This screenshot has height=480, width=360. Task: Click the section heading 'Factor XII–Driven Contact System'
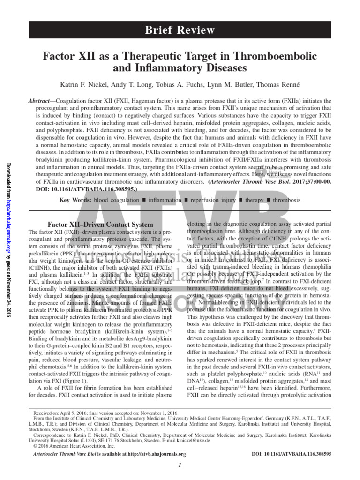tap(101, 225)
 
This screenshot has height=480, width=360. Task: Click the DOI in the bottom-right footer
tap(292, 454)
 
